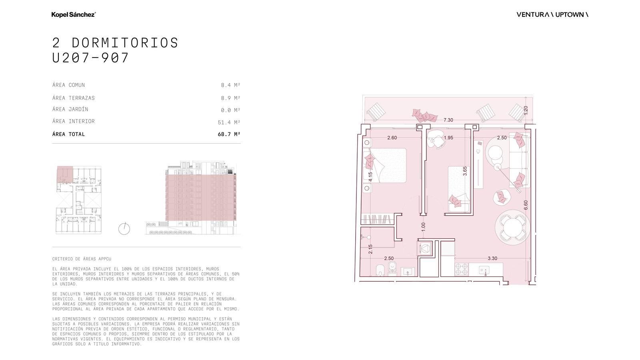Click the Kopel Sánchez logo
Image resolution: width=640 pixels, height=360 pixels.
(x=74, y=14)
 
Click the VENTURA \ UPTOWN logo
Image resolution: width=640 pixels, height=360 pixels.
(x=552, y=14)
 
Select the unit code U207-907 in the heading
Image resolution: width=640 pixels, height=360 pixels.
(x=90, y=58)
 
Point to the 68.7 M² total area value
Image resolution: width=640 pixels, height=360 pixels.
(x=229, y=134)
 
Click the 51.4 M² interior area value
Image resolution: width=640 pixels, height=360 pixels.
(x=229, y=122)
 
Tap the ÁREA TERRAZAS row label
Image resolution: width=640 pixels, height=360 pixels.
(x=74, y=98)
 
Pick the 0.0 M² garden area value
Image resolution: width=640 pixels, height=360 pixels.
(x=230, y=110)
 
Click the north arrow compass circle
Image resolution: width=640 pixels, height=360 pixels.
(x=124, y=229)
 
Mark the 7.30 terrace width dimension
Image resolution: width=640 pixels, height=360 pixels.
(x=448, y=120)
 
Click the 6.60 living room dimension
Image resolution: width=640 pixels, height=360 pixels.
(x=526, y=205)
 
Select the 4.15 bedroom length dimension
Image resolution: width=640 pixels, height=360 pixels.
(x=370, y=177)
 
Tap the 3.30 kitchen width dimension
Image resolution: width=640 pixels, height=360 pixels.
(x=492, y=258)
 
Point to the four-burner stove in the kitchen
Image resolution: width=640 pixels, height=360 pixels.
(x=462, y=269)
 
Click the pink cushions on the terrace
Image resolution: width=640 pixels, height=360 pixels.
(x=424, y=116)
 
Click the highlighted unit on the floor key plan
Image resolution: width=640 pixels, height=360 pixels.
(x=65, y=174)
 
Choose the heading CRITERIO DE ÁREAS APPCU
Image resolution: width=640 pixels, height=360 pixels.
(x=82, y=259)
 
